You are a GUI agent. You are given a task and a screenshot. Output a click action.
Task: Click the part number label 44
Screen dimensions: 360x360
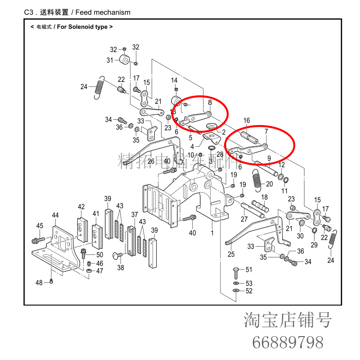[x=55, y=216]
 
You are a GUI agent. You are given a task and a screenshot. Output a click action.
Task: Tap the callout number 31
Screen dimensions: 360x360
[x=110, y=60]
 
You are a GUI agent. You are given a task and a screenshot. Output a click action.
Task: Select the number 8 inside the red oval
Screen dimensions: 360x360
[x=210, y=103]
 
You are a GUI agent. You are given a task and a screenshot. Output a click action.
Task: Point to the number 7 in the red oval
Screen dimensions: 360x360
[x=266, y=131]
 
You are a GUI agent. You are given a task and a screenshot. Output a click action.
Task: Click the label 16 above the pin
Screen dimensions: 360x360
[x=247, y=121]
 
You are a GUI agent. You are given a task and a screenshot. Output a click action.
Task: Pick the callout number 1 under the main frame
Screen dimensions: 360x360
[x=212, y=234]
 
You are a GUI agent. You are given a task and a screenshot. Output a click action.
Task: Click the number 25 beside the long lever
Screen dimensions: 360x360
[x=231, y=255]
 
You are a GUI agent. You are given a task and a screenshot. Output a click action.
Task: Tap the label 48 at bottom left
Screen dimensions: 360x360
[x=39, y=283]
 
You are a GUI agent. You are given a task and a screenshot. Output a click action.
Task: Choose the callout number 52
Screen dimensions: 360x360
[x=249, y=291]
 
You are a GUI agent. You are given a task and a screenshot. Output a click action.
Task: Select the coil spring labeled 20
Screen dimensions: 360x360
[x=258, y=179]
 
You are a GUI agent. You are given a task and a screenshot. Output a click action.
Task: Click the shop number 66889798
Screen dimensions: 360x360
[x=288, y=342]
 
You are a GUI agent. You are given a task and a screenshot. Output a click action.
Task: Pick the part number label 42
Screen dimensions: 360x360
[x=81, y=207]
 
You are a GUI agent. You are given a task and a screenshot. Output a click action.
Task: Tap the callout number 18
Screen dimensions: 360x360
[x=265, y=197]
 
